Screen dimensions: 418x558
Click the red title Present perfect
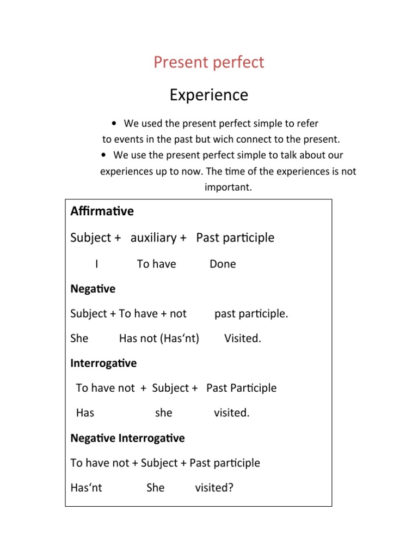tap(208, 62)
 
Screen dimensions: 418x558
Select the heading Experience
tap(208, 95)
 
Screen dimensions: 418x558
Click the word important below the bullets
tap(228, 187)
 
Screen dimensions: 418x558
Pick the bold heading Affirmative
tap(102, 211)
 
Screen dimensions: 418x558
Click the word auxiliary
tap(153, 238)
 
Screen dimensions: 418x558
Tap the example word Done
tap(223, 264)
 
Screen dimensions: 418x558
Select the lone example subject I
tap(96, 264)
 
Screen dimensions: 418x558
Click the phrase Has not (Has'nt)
tap(159, 338)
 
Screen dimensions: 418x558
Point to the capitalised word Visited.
tap(243, 338)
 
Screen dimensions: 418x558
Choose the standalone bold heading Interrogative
tap(103, 363)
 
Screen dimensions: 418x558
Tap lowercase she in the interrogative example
tap(163, 413)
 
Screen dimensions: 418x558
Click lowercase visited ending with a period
tap(232, 413)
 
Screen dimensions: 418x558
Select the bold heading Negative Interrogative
tap(127, 438)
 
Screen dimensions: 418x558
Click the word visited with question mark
tap(214, 488)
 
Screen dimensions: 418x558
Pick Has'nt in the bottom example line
tap(86, 488)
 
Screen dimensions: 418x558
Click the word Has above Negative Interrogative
tap(85, 413)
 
